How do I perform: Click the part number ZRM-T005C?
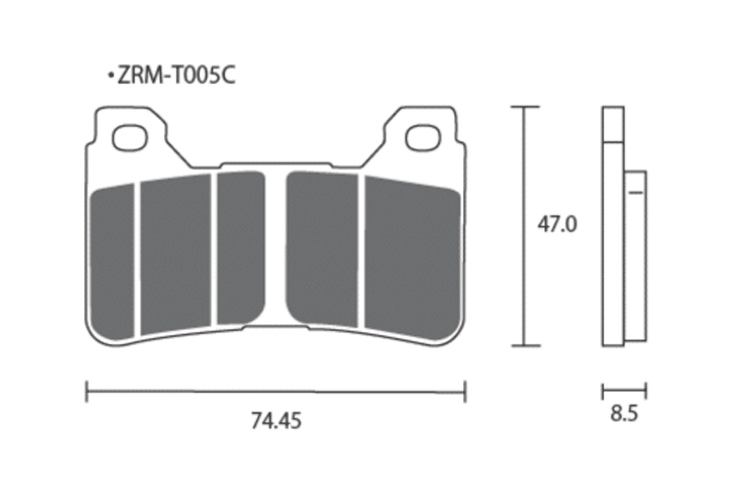177,75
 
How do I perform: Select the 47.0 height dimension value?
557,225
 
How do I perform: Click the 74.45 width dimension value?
276,421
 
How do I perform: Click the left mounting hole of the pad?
130,138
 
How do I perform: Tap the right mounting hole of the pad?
423,138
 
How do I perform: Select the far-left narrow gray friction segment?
112,261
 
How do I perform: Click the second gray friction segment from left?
176,254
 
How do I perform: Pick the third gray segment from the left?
241,247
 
